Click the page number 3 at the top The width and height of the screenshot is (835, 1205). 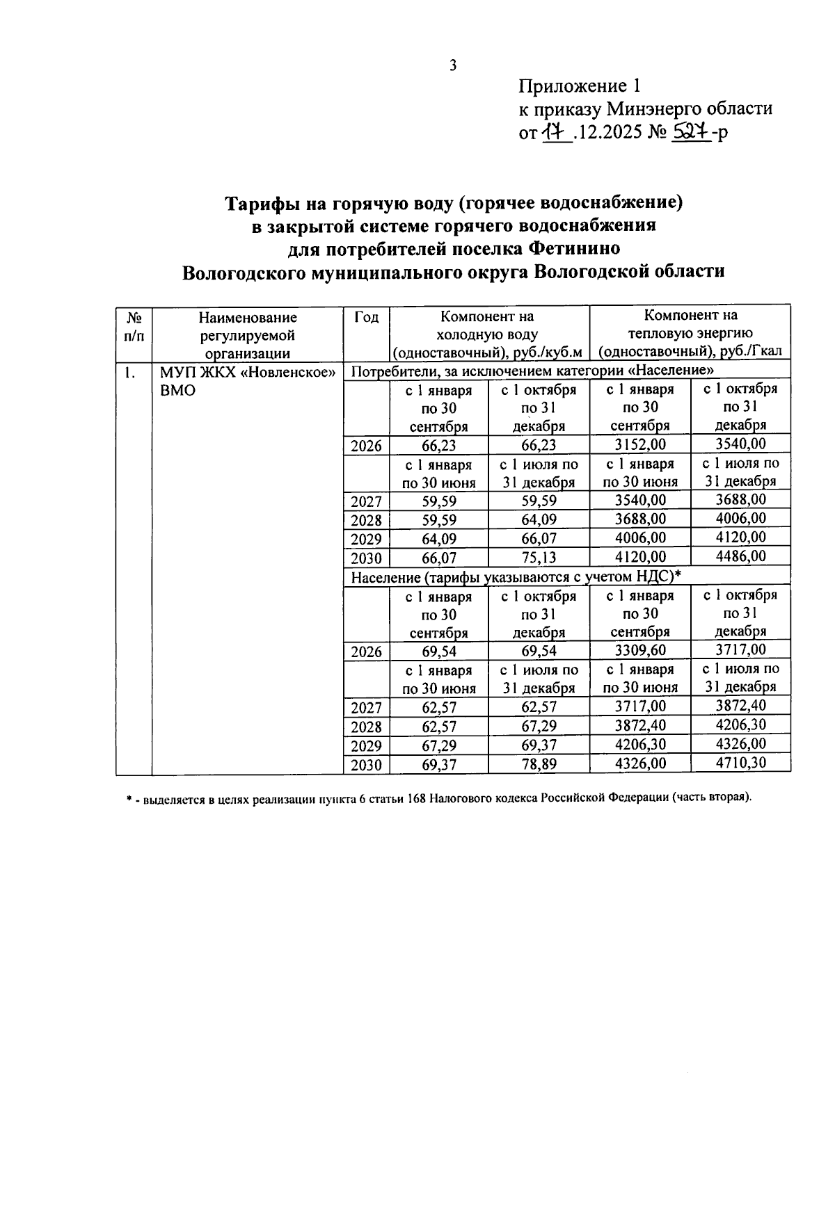pyautogui.click(x=453, y=66)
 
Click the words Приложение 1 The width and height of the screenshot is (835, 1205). pyautogui.click(x=578, y=86)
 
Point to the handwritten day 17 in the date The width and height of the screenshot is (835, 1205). pyautogui.click(x=555, y=131)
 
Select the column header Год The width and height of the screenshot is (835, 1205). pyautogui.click(x=367, y=318)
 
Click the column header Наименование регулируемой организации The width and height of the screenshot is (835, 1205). pyautogui.click(x=248, y=335)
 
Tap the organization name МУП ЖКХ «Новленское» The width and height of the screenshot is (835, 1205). pyautogui.click(x=248, y=372)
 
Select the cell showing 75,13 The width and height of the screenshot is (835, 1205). pyautogui.click(x=539, y=557)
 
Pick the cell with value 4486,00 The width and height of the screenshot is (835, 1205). pyautogui.click(x=740, y=556)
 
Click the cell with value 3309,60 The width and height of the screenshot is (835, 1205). pyautogui.click(x=639, y=651)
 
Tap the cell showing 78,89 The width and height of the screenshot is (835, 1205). pyautogui.click(x=539, y=764)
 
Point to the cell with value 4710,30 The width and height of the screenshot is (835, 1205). pyautogui.click(x=740, y=763)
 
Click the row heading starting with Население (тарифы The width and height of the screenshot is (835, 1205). pyautogui.click(x=515, y=576)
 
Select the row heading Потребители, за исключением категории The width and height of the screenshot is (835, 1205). pyautogui.click(x=532, y=371)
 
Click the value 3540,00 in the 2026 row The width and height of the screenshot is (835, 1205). pyautogui.click(x=740, y=444)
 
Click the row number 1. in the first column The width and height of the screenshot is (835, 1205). pyautogui.click(x=129, y=372)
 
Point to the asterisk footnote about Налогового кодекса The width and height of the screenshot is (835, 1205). pyautogui.click(x=439, y=798)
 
